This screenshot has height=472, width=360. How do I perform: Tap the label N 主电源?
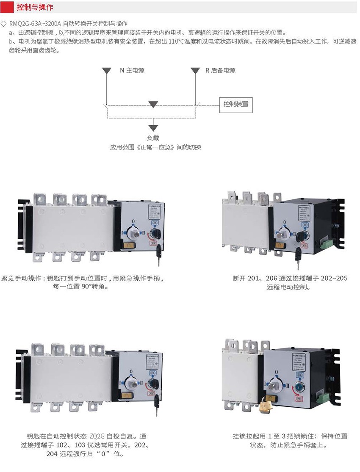pos(132,71)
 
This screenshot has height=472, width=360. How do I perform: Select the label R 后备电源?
pos(220,71)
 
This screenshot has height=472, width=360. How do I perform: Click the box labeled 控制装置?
pos(236,104)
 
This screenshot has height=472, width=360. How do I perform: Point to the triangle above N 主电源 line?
pos(106,70)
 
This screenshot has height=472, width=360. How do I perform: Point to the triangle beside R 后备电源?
pos(195,70)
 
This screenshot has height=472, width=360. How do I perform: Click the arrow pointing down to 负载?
pos(153,127)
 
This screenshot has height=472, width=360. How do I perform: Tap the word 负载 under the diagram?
pos(153,138)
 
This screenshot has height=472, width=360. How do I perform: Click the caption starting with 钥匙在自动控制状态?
pos(86,445)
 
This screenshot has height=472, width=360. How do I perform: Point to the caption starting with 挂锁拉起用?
pos(290,440)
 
